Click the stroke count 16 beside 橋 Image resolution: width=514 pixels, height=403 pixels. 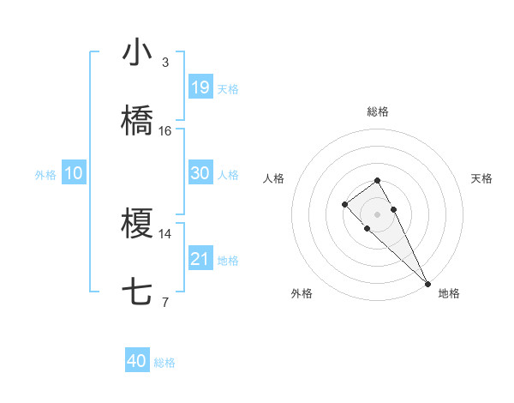point(165,130)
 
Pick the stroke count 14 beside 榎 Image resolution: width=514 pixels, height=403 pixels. point(165,233)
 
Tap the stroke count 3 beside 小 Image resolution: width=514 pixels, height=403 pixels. point(165,62)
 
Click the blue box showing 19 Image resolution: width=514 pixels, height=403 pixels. point(200,87)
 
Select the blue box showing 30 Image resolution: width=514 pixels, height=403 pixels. point(200,173)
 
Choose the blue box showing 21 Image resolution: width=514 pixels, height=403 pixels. point(200,259)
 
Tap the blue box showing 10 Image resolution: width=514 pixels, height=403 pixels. point(74,173)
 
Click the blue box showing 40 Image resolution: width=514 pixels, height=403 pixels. point(137,362)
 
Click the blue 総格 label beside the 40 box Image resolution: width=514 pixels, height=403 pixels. point(165,363)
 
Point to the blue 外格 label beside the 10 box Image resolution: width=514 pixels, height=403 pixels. point(45,174)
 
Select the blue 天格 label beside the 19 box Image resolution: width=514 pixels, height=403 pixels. point(228,88)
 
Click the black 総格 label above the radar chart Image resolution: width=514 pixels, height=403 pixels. point(378,111)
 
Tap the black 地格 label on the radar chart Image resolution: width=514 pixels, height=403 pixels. point(449,294)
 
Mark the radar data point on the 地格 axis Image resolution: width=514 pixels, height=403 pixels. point(427,283)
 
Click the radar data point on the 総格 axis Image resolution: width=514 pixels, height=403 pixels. point(377,180)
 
